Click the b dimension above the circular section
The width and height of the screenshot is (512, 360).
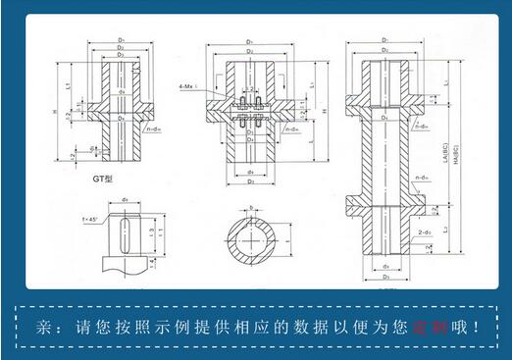(x=252, y=208)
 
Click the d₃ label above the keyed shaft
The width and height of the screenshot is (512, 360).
(x=126, y=201)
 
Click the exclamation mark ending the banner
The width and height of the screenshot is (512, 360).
(x=480, y=326)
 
